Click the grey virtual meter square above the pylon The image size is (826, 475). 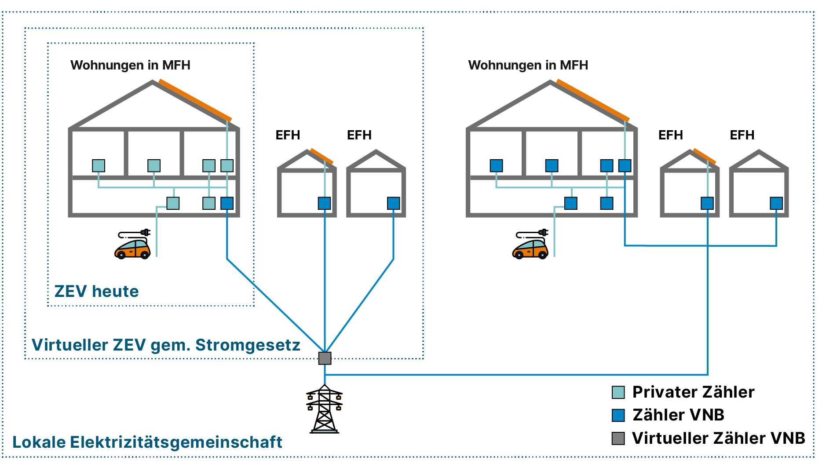pos(325,358)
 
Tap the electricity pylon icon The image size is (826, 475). pos(325,409)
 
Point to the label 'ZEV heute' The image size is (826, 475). pos(96,291)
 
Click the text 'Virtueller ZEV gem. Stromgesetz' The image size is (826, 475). pos(166,345)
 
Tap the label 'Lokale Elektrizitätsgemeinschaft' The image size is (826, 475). pos(147,442)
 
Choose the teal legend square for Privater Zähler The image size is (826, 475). pos(618,392)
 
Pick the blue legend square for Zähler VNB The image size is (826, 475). pos(618,415)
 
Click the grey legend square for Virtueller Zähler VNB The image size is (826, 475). pos(618,438)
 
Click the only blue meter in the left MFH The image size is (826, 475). pos(227,203)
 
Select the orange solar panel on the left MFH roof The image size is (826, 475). pos(195,100)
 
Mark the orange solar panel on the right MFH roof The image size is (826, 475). pos(592,100)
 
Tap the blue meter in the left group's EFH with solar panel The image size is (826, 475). pos(324,203)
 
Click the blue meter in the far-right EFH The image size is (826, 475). pos(776,203)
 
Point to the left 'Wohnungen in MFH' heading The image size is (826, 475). pos(130,65)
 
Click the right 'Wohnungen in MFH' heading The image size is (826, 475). pos(528,65)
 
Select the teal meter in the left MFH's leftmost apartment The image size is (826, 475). pos(99,166)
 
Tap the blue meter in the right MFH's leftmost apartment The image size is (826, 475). pos(496,166)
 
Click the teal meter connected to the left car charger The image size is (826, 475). pos(173,203)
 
